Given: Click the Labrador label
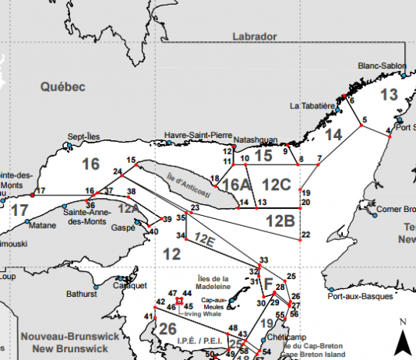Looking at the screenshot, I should [x=255, y=37].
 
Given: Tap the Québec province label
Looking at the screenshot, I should [x=62, y=88].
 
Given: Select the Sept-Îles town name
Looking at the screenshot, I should [x=84, y=135].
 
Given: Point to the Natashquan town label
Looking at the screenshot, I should [x=256, y=140].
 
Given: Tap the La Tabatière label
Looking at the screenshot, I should [x=312, y=105].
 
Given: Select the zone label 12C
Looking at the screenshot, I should [x=277, y=185].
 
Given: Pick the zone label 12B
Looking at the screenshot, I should [x=280, y=221].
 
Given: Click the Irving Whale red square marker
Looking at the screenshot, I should [x=179, y=300].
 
